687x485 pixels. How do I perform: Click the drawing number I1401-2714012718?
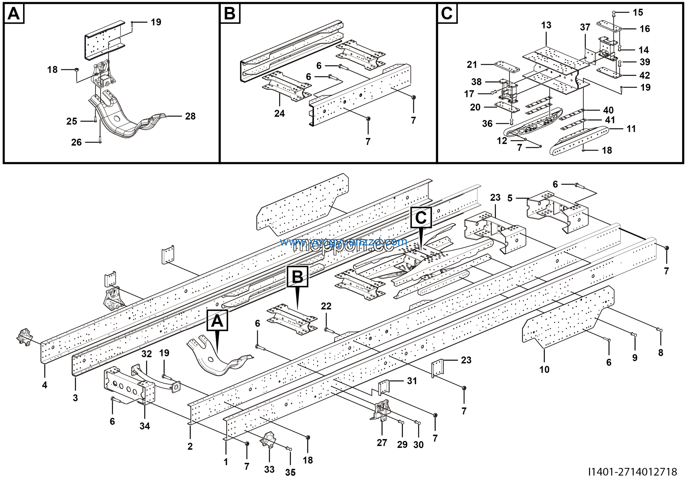coord(632,472)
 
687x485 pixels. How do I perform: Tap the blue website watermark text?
coord(343,242)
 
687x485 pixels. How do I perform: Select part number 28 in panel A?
coord(190,116)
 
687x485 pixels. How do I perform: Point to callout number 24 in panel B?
coord(279,114)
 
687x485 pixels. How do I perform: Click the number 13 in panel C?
coord(546,25)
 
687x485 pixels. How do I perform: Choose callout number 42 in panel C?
coord(645,75)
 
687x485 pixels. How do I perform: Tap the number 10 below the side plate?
coord(544,370)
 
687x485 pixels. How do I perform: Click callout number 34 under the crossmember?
coord(145,426)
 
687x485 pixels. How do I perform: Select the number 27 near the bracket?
coord(382,443)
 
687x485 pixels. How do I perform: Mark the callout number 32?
coord(147,354)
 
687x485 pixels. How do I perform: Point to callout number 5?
coord(510,198)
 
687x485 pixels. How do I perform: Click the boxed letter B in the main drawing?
coord(297,277)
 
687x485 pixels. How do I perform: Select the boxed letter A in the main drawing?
coord(217,321)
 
